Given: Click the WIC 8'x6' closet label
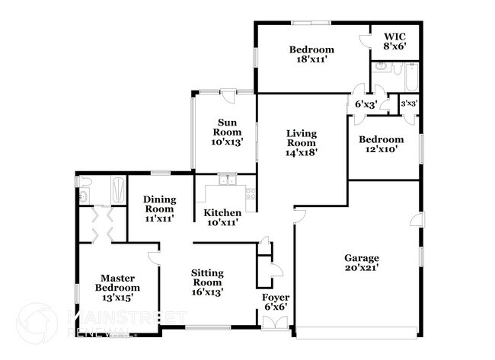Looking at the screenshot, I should coord(394,41).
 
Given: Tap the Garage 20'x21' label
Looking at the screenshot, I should coord(361,263).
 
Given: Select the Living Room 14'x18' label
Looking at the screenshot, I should coord(301,143).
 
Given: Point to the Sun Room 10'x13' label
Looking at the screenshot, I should coord(228,132).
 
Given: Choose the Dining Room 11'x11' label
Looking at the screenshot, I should coord(160,209).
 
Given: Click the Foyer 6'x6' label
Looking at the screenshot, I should coord(275,302).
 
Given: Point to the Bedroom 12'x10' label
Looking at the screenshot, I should coord(381,145).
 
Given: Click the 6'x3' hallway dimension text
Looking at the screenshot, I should coord(366,104).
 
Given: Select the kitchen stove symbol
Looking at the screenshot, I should coord(250,194).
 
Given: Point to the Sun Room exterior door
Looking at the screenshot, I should coord(226,94).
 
